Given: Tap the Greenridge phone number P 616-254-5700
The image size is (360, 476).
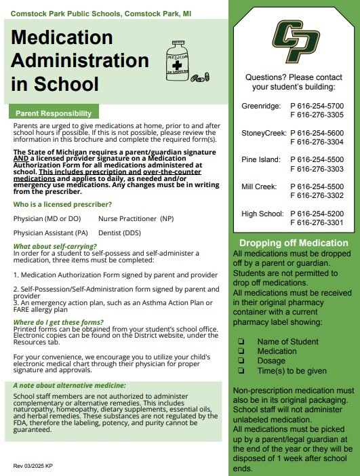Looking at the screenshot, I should coord(317,106).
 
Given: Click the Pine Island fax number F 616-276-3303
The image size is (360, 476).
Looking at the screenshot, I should coord(317,169).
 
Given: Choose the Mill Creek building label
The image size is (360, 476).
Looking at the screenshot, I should coord(260,186).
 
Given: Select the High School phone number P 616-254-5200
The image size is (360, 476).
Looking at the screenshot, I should coord(317,214).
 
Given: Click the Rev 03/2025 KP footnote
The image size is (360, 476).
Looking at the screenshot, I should coord(33,466).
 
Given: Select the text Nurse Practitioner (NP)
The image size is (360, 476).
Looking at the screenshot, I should coord(136,218).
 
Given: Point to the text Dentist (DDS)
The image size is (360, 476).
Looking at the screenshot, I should coord(120,233).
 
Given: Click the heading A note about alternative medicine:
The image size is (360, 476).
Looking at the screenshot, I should coord(70,385).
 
